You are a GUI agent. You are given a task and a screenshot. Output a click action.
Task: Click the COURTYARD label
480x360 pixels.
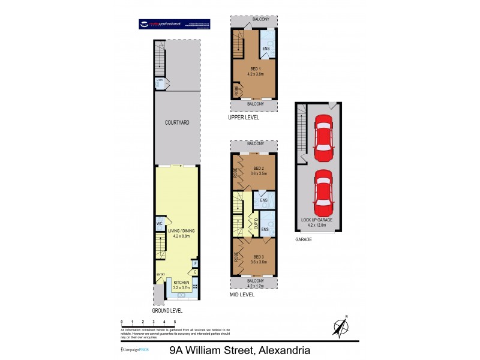tap(177, 122)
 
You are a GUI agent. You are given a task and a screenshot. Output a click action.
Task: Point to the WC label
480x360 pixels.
tap(160, 224)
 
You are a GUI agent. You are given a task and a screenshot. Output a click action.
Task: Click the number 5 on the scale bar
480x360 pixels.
tap(175, 323)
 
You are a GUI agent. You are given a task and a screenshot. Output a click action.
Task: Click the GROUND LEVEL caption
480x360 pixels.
tap(167, 311)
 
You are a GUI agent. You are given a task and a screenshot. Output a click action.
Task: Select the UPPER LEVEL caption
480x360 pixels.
tap(244, 118)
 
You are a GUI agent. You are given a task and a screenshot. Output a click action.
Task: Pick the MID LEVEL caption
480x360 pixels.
tap(242, 295)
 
